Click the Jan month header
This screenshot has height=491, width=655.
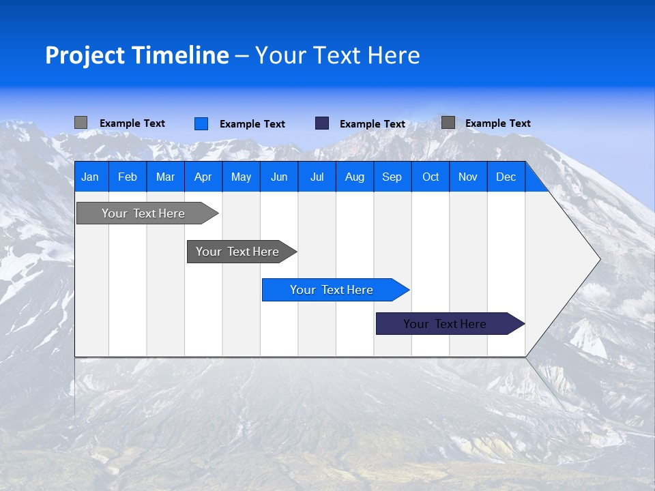pos(90,177)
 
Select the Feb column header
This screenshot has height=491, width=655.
pos(128,177)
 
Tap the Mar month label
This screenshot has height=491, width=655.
pos(165,177)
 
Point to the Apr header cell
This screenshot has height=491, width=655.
pos(203,177)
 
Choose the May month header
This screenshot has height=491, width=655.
pos(241,177)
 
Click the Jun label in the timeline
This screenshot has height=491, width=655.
pos(279,177)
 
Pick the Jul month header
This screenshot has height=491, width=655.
pos(317,177)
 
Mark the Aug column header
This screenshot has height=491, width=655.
pos(354,177)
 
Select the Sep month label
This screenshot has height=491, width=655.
pos(392,177)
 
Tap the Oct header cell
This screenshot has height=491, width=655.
pos(431,177)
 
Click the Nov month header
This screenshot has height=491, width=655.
pos(468,177)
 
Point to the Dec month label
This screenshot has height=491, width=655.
pos(506,177)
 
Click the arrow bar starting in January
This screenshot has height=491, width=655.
pos(143,213)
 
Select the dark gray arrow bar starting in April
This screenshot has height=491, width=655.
pos(237,252)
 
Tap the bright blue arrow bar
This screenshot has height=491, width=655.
pos(332,290)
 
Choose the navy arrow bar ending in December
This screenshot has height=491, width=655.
pos(445,324)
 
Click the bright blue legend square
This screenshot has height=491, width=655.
pos(201,123)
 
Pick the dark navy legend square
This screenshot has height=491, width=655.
pos(322,123)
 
